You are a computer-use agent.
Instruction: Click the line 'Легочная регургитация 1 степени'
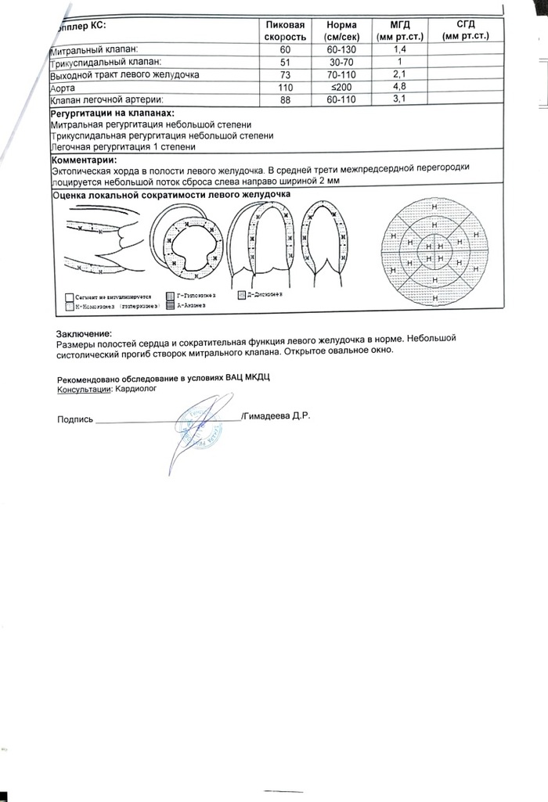(x=123, y=146)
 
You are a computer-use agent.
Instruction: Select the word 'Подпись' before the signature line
(x=75, y=419)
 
